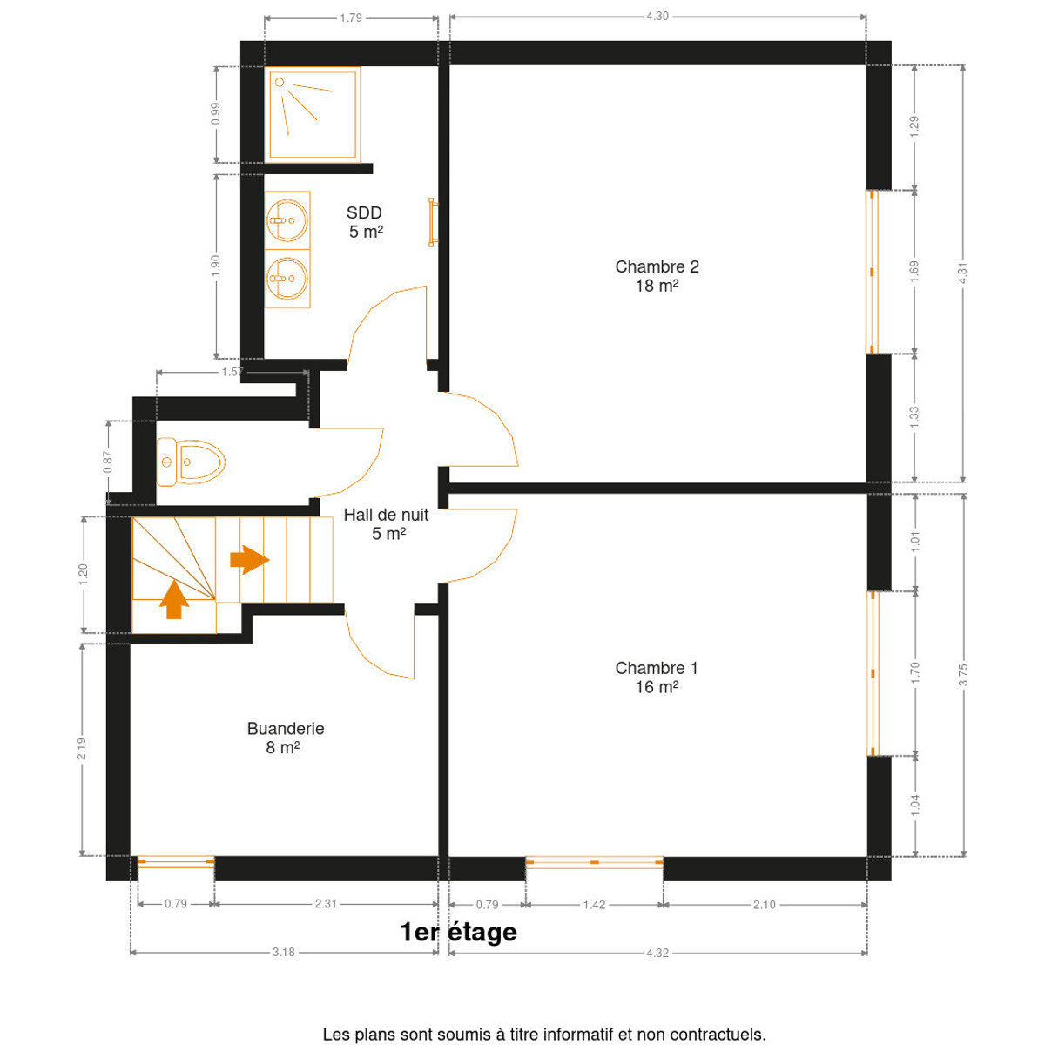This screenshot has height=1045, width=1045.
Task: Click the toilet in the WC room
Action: click(191, 462)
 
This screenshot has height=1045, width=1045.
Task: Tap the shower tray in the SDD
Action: click(312, 114)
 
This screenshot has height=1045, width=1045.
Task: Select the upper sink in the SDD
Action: click(287, 220)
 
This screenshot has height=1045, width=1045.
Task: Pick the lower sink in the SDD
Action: click(287, 279)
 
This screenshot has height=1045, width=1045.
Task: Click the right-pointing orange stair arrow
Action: click(249, 559)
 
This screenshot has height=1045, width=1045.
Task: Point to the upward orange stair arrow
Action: click(174, 599)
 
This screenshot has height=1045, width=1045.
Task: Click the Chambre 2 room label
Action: click(657, 276)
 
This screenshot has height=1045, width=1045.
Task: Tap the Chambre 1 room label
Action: click(657, 678)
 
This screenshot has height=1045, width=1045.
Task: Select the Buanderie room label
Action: click(286, 738)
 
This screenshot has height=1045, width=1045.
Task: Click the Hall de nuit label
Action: click(386, 524)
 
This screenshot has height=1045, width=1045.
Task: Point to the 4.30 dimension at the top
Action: click(657, 17)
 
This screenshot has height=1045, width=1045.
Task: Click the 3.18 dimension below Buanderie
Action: click(284, 953)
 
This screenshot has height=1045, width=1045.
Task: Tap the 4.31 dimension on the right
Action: click(963, 273)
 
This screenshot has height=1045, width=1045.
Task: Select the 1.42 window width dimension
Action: click(595, 905)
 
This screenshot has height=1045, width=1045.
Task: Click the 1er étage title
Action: click(458, 932)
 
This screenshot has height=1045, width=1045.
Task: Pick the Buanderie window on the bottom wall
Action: click(176, 862)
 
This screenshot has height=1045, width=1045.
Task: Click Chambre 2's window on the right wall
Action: click(872, 272)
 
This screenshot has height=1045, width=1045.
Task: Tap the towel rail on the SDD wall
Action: click(432, 222)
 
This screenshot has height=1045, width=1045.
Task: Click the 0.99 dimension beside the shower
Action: click(216, 114)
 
